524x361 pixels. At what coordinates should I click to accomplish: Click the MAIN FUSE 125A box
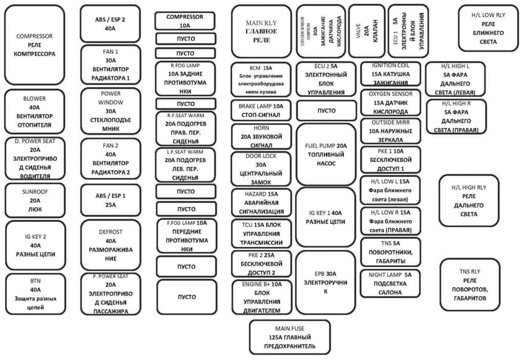pos(290,337)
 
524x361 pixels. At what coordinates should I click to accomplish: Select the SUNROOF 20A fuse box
pos(35,201)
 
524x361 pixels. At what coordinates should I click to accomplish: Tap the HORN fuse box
pos(261,136)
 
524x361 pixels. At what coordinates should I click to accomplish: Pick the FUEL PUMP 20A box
pos(325,154)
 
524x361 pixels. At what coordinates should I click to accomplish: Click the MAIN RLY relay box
pos(261,31)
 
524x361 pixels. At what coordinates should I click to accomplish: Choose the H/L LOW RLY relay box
pos(488,28)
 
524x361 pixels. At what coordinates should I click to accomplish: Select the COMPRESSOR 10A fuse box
pos(185,21)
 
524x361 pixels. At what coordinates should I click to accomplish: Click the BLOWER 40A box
pos(35,111)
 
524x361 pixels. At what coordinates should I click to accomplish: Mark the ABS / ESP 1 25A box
pos(111,200)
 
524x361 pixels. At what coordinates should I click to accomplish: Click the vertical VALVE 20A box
pos(366,31)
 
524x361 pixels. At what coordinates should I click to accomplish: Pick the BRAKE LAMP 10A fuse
pos(261,110)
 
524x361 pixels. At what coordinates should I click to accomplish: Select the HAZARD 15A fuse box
pos(261,202)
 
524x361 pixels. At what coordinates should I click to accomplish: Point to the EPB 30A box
pos(325,282)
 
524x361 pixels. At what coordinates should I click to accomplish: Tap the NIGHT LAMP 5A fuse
pos(390,283)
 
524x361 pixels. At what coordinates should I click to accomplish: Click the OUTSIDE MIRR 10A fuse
pos(390,131)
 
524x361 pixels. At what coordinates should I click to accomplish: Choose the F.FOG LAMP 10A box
pos(185,236)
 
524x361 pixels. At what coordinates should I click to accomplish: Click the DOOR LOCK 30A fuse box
pos(261,168)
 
